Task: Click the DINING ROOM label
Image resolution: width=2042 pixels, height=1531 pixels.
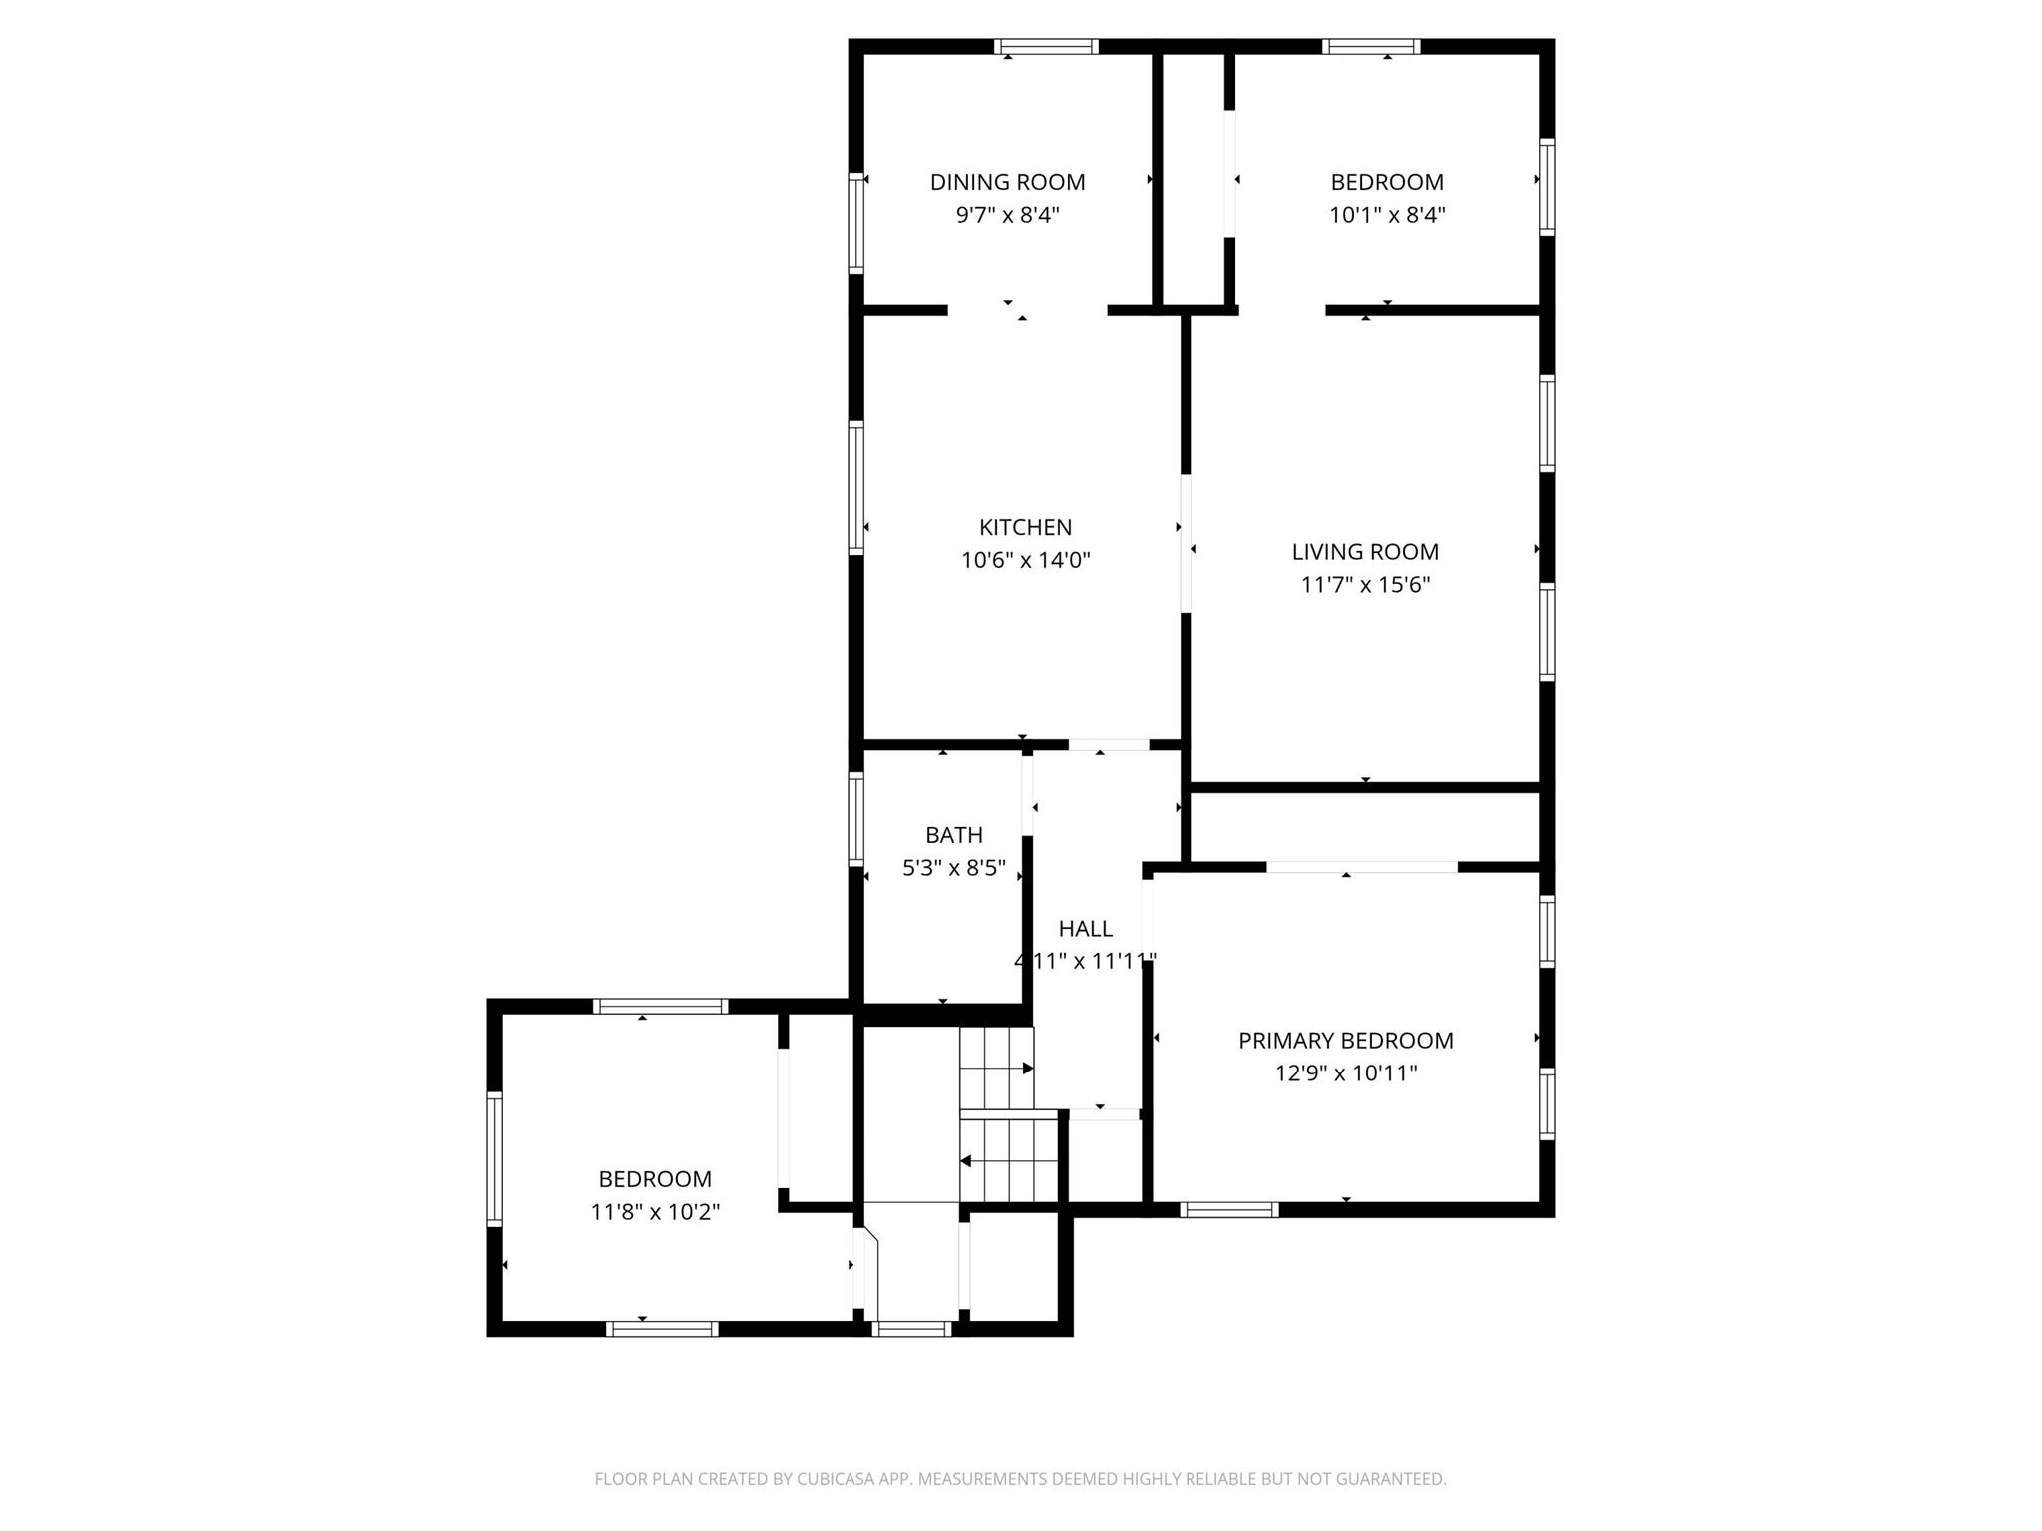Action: pos(1007,182)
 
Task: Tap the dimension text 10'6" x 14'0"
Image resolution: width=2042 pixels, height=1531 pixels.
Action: pos(1025,560)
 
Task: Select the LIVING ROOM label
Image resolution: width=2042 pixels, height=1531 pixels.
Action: pos(1365,552)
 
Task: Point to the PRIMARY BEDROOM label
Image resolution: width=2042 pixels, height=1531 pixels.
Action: pos(1345,1041)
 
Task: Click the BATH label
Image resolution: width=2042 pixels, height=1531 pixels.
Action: pos(953,835)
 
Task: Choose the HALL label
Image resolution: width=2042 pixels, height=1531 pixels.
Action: pos(1085,929)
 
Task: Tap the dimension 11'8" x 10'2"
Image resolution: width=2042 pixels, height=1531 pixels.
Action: pos(655,1212)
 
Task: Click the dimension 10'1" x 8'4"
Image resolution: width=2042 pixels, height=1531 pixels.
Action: pos(1387,215)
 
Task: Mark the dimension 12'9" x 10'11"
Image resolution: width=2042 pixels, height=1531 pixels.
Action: pos(1345,1073)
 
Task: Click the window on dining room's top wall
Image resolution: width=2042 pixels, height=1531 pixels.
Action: pos(1046,46)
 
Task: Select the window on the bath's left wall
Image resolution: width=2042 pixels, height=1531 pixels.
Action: pos(855,818)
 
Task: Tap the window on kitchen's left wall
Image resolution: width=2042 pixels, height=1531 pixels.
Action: pos(855,487)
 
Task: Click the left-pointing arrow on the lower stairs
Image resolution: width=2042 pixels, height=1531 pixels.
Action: pos(966,1161)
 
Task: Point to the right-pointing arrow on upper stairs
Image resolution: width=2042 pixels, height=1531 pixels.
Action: pos(1027,1069)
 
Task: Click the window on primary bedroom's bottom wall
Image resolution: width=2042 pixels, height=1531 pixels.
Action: pos(1228,1210)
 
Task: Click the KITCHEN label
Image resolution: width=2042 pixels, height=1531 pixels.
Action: pos(1025,528)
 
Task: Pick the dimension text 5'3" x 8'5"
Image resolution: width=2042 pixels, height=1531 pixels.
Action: pos(953,868)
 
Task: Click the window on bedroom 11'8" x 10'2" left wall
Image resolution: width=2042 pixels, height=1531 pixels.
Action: pos(494,1159)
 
